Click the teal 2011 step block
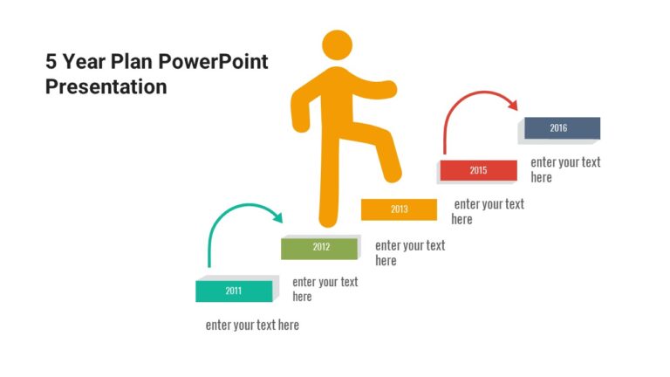234,291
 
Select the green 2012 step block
319,247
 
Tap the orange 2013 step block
399,209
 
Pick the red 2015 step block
478,170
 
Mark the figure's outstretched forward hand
387,87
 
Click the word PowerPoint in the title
221,62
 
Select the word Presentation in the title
106,87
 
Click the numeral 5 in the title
51,62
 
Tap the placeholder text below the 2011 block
252,326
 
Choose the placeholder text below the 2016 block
565,169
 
